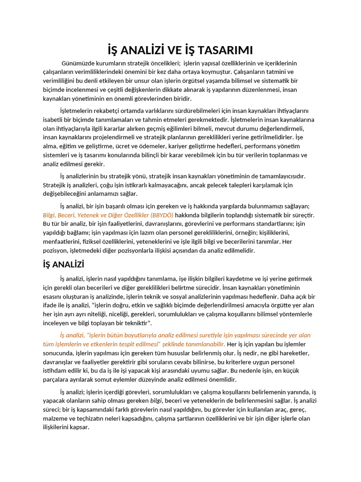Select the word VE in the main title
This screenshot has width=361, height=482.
[172, 50]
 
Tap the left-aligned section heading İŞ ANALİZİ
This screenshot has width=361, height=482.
[63, 265]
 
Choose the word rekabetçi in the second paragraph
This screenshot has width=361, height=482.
[109, 111]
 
